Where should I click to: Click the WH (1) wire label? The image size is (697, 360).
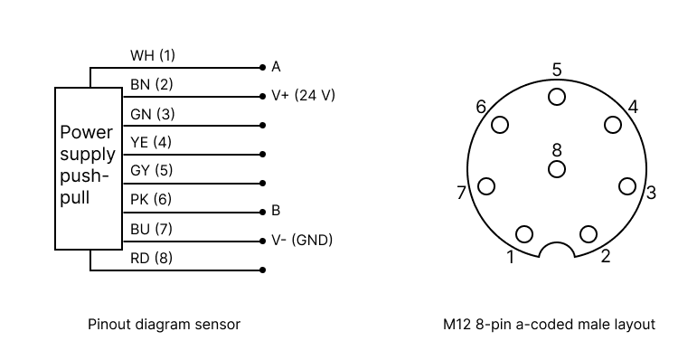click(x=153, y=55)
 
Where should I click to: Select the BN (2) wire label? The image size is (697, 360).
click(x=151, y=84)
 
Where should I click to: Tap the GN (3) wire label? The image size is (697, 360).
click(x=152, y=114)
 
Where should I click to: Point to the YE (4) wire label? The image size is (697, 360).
click(x=151, y=142)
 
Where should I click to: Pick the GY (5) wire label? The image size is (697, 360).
click(x=151, y=170)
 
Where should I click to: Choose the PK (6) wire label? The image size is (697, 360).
click(x=151, y=199)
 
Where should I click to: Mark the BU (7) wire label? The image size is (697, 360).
click(x=151, y=229)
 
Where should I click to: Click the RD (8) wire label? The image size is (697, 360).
click(x=151, y=258)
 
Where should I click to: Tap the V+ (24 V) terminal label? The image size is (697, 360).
click(x=304, y=94)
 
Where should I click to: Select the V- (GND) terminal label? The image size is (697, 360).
click(x=302, y=240)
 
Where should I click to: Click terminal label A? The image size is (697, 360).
click(x=276, y=66)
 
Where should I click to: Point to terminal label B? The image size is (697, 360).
click(x=276, y=211)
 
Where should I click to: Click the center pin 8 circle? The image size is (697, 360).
click(x=557, y=168)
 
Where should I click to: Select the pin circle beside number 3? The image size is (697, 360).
click(x=627, y=186)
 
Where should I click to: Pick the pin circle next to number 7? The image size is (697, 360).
click(x=486, y=186)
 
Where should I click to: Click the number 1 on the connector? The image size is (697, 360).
click(x=511, y=258)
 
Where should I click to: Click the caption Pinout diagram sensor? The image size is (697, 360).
click(x=164, y=323)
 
